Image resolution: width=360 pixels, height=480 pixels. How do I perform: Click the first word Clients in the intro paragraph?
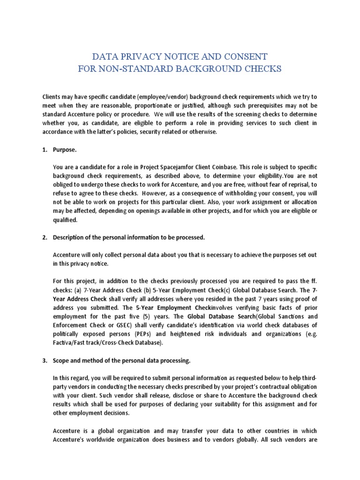52,97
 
